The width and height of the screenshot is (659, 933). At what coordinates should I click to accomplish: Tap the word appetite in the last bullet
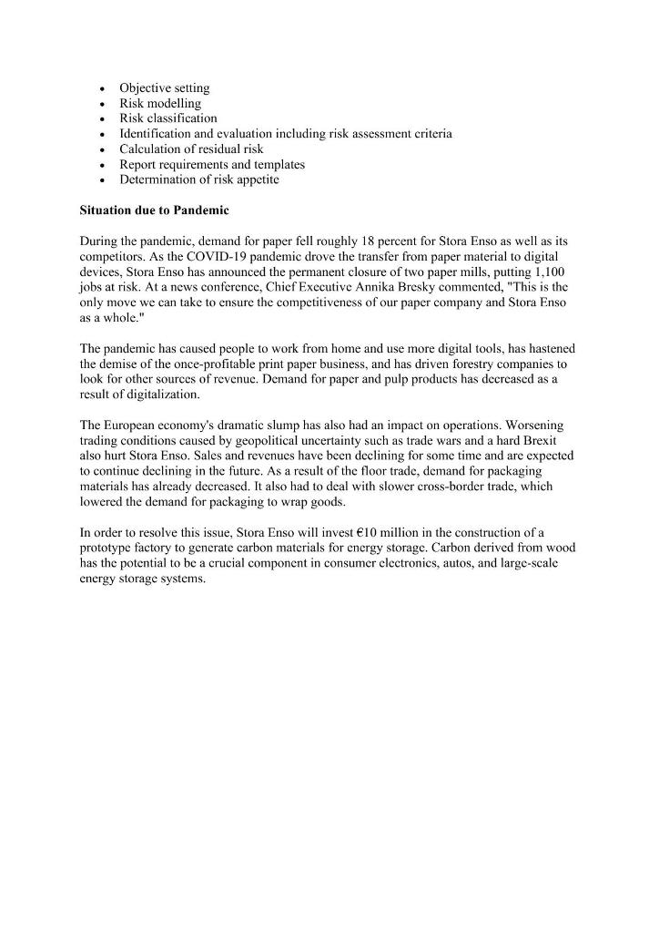tap(255, 179)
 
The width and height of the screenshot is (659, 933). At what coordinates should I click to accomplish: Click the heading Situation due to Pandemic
tap(155, 210)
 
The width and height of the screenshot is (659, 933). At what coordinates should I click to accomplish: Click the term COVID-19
tap(218, 256)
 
